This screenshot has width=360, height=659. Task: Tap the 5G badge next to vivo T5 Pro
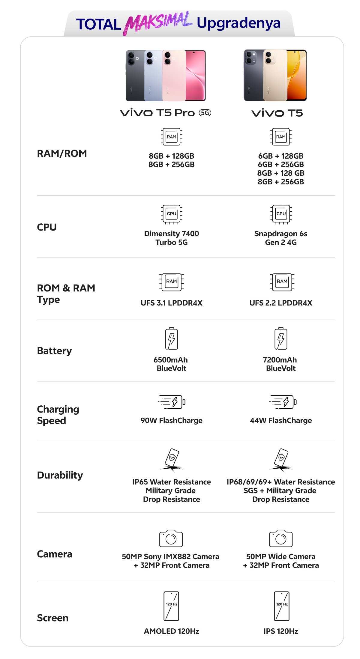tap(205, 113)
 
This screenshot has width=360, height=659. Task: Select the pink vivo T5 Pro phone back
tap(174, 76)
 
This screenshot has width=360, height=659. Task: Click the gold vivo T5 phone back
tap(275, 76)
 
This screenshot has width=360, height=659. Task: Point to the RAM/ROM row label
tap(62, 154)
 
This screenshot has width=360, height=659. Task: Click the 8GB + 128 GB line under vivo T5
tap(281, 173)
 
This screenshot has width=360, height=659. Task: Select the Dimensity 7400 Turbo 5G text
tap(172, 238)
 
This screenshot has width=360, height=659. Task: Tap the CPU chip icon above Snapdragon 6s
tap(281, 214)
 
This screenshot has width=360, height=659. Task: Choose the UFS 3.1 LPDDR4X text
tap(172, 303)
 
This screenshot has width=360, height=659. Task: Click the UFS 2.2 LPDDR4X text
tap(281, 303)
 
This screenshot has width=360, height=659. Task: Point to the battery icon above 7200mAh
tap(281, 339)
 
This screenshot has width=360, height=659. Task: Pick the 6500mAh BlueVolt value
tap(171, 364)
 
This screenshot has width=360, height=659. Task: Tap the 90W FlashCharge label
tap(172, 420)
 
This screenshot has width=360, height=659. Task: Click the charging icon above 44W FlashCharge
tap(283, 402)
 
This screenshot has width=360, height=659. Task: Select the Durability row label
tap(60, 475)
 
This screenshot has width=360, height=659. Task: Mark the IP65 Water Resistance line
tap(172, 482)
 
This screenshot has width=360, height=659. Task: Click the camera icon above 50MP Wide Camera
tap(281, 538)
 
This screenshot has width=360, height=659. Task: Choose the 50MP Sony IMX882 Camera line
tap(170, 556)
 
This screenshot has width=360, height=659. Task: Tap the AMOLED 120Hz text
tap(172, 631)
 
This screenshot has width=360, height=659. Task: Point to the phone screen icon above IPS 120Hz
tap(281, 606)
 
